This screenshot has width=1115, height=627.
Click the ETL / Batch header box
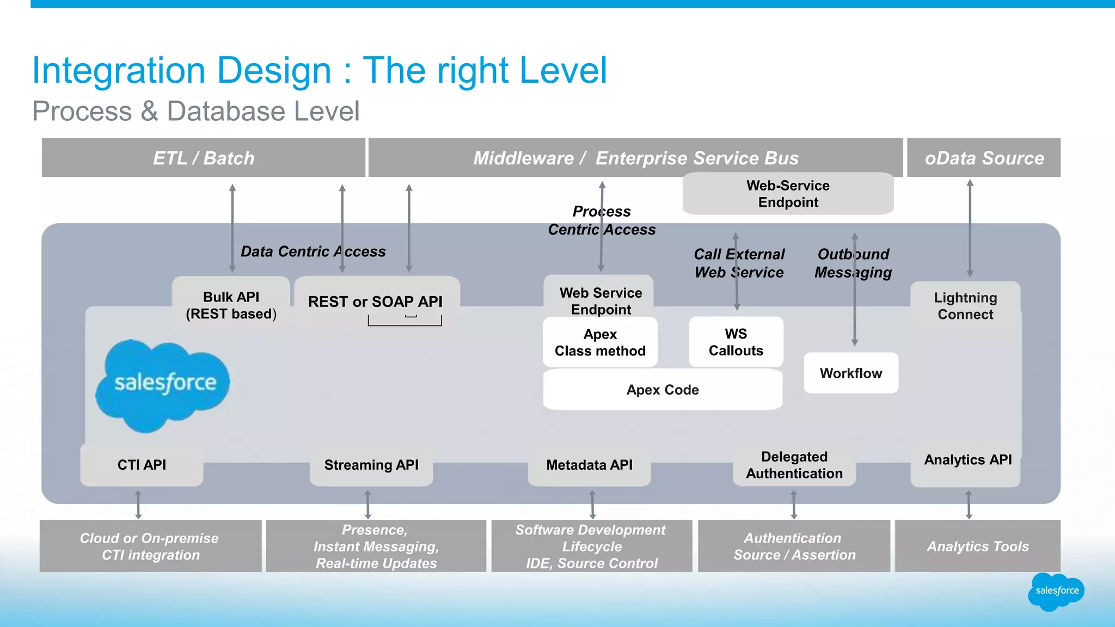pyautogui.click(x=203, y=158)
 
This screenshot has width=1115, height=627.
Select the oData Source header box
pyautogui.click(x=984, y=158)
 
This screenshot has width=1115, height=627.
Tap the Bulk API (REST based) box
pyautogui.click(x=231, y=305)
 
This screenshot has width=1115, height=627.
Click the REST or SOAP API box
pyautogui.click(x=376, y=302)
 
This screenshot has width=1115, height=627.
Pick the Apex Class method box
pyautogui.click(x=600, y=342)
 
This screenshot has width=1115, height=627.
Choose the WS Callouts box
pyautogui.click(x=736, y=342)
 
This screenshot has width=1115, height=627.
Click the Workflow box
pyautogui.click(x=850, y=373)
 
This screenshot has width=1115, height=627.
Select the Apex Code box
pyautogui.click(x=663, y=390)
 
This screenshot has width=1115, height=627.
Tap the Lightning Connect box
pyautogui.click(x=965, y=306)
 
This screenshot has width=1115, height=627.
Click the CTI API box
pyautogui.click(x=142, y=465)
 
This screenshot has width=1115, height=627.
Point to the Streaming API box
pyautogui.click(x=371, y=465)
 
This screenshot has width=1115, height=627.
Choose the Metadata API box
pyautogui.click(x=589, y=465)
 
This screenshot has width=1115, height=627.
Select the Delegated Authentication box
pyautogui.click(x=794, y=465)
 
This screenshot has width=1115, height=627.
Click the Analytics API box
pyautogui.click(x=967, y=460)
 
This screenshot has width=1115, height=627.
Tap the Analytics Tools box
pyautogui.click(x=978, y=546)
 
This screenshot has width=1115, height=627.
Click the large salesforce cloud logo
pyautogui.click(x=163, y=384)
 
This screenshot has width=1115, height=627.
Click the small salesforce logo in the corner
pyautogui.click(x=1056, y=591)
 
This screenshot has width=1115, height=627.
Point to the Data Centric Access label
pyautogui.click(x=313, y=251)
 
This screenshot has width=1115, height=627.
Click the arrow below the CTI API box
pyautogui.click(x=138, y=504)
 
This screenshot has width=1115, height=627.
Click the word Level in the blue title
pyautogui.click(x=563, y=71)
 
